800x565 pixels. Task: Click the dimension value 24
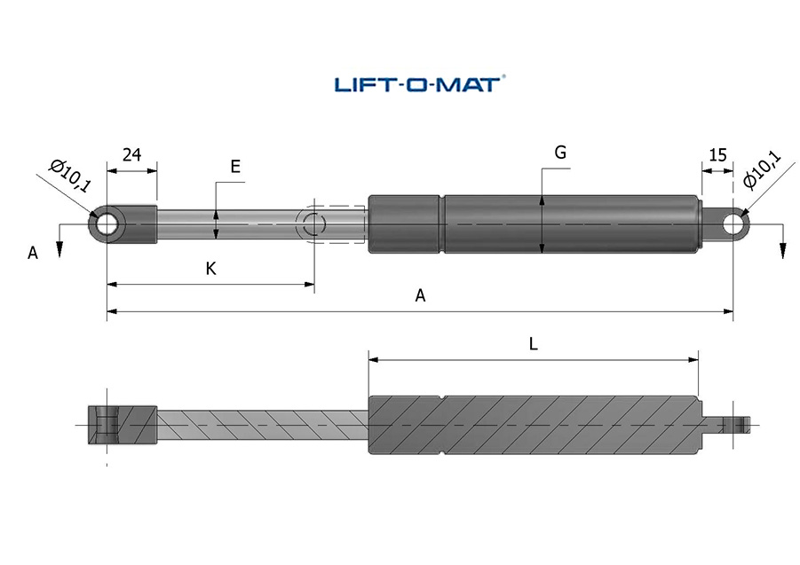coord(131,154)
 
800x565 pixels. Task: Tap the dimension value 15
coord(717,154)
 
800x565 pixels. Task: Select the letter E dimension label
coord(235,167)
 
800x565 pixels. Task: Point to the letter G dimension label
coord(560,153)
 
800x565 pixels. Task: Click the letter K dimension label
coord(210,269)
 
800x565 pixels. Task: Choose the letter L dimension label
coord(533,344)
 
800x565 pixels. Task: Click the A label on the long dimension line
coord(420,295)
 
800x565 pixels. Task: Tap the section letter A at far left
coord(33,253)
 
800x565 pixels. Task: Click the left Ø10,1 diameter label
coord(70,176)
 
